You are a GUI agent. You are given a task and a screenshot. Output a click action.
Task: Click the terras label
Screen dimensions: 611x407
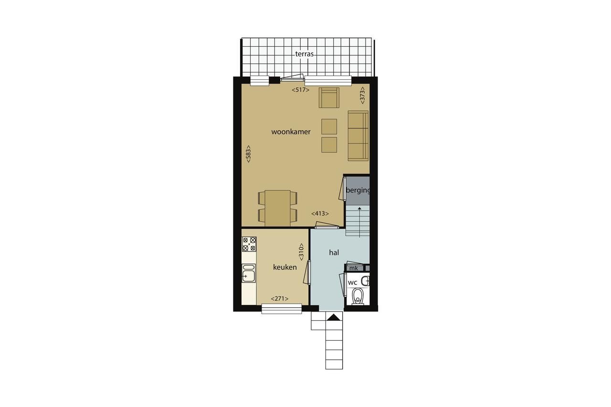[305, 54]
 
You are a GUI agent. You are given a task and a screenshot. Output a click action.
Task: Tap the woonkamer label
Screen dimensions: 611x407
[291, 132]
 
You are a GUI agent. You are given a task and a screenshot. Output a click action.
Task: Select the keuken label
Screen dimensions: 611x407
[285, 267]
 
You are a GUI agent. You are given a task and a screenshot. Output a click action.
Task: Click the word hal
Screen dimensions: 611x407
[334, 253]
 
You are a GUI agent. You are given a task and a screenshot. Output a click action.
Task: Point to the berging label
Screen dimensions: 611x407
[358, 190]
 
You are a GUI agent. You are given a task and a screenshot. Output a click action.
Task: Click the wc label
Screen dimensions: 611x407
[352, 282]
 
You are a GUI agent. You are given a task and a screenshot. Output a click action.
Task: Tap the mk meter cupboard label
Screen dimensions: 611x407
[354, 268]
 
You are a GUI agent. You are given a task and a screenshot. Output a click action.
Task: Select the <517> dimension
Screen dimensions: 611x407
[301, 90]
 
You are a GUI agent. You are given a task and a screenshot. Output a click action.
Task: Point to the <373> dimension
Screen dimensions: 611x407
[362, 95]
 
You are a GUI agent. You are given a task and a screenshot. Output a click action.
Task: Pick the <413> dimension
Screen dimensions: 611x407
[320, 214]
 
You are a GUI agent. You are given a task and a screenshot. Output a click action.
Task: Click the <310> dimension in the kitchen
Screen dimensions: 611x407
[301, 252]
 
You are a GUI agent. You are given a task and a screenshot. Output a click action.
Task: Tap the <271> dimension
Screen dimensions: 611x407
[280, 299]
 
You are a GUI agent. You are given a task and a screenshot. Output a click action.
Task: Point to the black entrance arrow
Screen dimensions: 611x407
[334, 317]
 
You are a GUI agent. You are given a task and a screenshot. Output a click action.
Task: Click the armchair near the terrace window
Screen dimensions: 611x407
[329, 98]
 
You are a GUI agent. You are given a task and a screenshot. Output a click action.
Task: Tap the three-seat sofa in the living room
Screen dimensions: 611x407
[358, 136]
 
